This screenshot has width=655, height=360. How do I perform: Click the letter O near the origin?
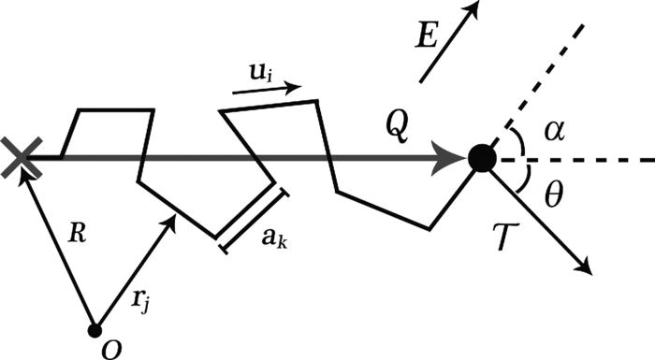click(111, 348)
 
